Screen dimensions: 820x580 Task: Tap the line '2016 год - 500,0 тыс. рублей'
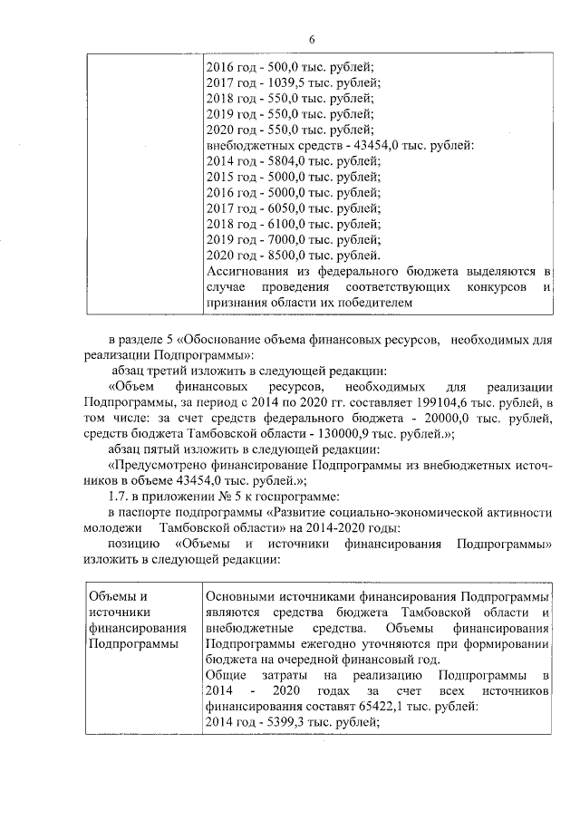[x=289, y=67]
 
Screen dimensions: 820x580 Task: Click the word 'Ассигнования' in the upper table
[x=246, y=272]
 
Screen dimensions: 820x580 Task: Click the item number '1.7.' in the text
[x=119, y=497]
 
